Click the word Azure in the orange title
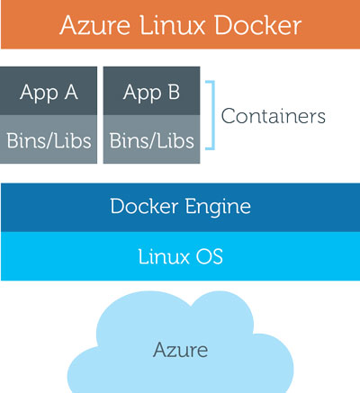tap(94, 25)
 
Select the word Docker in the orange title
tap(257, 25)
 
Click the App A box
tap(49, 91)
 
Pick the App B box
tap(151, 91)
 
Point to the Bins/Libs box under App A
tap(49, 139)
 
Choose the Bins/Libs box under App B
tap(151, 139)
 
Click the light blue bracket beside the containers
tap(213, 115)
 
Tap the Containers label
tap(274, 116)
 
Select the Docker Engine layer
tap(180, 208)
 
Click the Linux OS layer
tap(180, 256)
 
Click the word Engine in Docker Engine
tap(218, 208)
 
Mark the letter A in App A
tap(71, 92)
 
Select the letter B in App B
tap(174, 92)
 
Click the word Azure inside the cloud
tap(180, 350)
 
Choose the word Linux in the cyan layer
tap(164, 256)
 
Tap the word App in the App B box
tap(142, 93)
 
